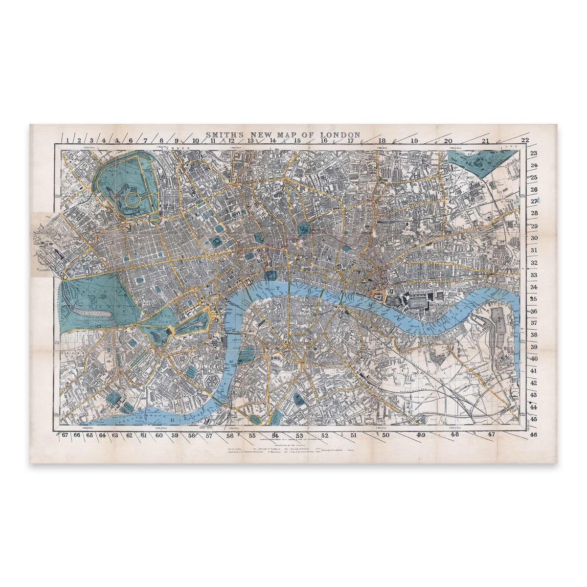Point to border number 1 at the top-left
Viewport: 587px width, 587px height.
(65, 141)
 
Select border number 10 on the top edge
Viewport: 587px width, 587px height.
(195, 141)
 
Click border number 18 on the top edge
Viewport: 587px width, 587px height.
(382, 141)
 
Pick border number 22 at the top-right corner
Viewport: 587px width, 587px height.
(525, 141)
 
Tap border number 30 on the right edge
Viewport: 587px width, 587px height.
(534, 238)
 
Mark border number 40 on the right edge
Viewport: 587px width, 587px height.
(534, 359)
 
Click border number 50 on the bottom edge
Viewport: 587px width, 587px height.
(385, 434)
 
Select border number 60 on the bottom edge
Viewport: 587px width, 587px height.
(159, 434)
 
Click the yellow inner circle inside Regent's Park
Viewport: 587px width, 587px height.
(131, 199)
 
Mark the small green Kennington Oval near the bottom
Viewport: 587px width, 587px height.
(255, 419)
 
